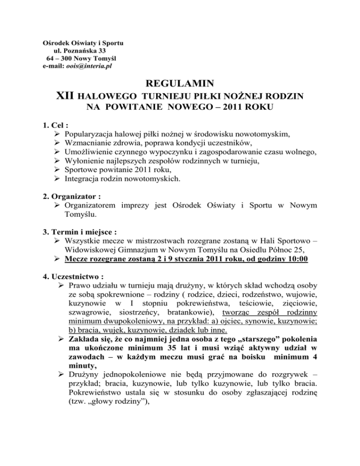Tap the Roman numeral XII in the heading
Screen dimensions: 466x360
[x=65, y=97]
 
